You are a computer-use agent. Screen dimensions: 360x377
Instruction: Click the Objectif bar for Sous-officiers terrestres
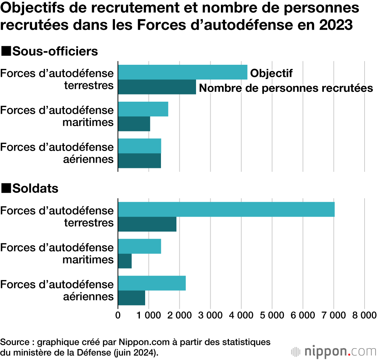(x=183, y=72)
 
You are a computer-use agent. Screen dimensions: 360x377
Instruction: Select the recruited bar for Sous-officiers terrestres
(x=157, y=87)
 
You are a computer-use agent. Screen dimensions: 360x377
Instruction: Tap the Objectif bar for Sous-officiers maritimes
(x=143, y=109)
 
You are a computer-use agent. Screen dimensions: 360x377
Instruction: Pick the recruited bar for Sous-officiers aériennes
(x=139, y=161)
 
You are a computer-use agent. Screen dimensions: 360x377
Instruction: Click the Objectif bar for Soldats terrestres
(x=226, y=209)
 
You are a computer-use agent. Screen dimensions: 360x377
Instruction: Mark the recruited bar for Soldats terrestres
(x=147, y=224)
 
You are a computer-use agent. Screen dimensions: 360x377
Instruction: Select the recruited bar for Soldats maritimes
(x=125, y=261)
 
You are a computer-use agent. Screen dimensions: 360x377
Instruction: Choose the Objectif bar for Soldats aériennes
(x=152, y=283)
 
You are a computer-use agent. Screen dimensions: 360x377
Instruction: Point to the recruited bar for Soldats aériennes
(x=132, y=298)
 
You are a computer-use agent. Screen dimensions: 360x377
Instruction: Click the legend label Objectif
(x=271, y=73)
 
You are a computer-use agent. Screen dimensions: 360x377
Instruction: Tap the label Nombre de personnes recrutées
(x=286, y=88)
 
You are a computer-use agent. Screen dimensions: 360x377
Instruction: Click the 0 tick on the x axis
(x=118, y=315)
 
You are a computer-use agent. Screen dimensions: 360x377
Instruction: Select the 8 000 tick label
(x=363, y=315)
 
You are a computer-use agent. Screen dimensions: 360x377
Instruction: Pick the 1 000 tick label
(x=149, y=315)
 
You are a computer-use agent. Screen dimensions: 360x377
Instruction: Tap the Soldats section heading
(x=35, y=188)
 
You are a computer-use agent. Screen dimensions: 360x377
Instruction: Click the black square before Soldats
(x=6, y=188)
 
